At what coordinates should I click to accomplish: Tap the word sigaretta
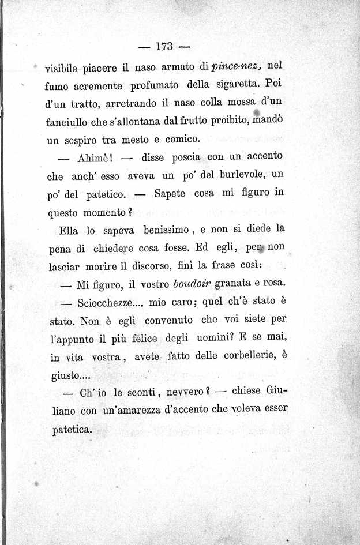coord(236,86)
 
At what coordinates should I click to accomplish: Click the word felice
coord(142,339)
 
